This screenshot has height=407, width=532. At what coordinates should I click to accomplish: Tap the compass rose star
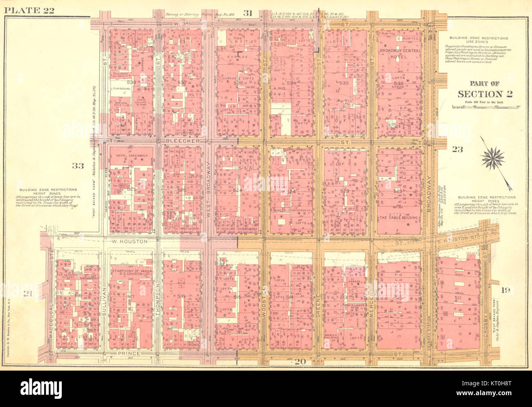493,159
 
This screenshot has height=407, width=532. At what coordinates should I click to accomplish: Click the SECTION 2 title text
485,94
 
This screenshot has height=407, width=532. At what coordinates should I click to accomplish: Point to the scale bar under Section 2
485,106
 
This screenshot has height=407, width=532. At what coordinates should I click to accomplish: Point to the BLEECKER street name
183,141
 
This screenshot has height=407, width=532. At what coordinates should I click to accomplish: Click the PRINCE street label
129,353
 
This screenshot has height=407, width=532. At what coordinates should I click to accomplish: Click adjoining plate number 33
78,166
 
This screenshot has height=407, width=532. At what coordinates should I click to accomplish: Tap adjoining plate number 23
458,150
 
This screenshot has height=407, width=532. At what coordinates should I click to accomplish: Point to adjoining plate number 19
506,290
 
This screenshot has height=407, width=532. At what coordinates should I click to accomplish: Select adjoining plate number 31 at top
247,13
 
